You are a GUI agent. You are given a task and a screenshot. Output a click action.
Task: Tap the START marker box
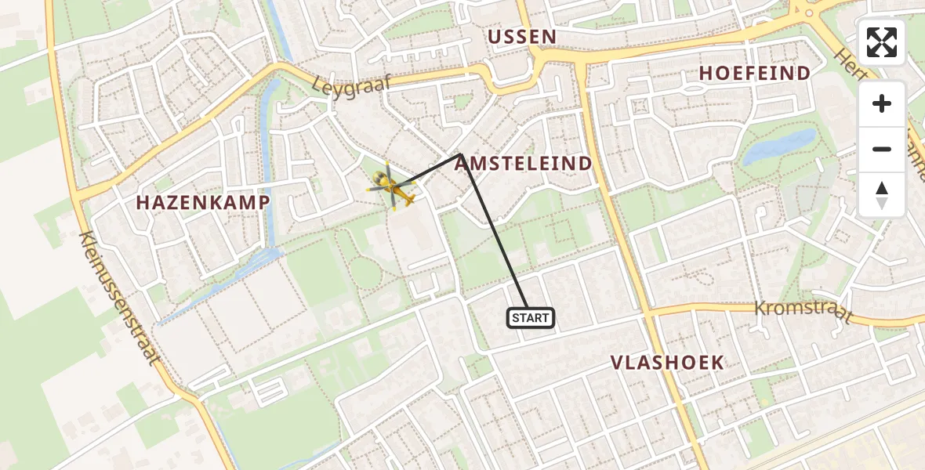pyautogui.click(x=531, y=318)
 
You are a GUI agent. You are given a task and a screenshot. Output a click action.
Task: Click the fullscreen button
pyautogui.click(x=882, y=42)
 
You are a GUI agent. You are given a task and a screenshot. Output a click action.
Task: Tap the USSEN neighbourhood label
pyautogui.click(x=521, y=37)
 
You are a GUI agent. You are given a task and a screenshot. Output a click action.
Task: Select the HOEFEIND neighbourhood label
pyautogui.click(x=754, y=74)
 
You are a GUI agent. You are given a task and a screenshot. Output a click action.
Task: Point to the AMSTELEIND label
pyautogui.click(x=523, y=164)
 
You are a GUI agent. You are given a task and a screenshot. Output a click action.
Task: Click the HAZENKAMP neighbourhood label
pyautogui.click(x=203, y=202)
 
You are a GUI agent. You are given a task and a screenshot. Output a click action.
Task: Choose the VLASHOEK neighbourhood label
pyautogui.click(x=667, y=363)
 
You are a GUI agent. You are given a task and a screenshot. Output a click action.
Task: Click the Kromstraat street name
pyautogui.click(x=803, y=310)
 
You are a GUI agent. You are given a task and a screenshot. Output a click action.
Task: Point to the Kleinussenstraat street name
pyautogui.click(x=119, y=298)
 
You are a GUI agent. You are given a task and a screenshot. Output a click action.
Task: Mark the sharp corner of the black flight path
pyautogui.click(x=459, y=154)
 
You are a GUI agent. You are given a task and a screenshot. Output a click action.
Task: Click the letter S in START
pyautogui.click(x=517, y=318)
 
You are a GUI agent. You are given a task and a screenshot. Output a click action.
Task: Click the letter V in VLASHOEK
pyautogui.click(x=618, y=363)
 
